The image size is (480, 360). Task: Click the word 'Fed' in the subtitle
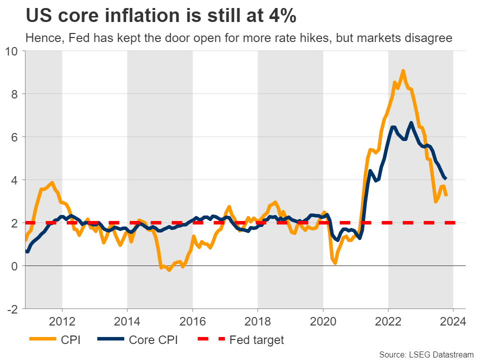click(x=75, y=38)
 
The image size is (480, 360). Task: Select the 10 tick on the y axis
click(x=11, y=51)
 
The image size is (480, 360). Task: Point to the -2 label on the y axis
click(x=12, y=309)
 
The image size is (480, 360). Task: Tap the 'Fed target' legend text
click(x=256, y=340)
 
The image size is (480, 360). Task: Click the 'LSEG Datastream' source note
click(x=438, y=354)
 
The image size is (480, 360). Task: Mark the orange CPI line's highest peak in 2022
click(x=403, y=70)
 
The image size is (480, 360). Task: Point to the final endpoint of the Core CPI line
click(x=445, y=178)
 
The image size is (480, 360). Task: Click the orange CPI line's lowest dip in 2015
click(x=169, y=270)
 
